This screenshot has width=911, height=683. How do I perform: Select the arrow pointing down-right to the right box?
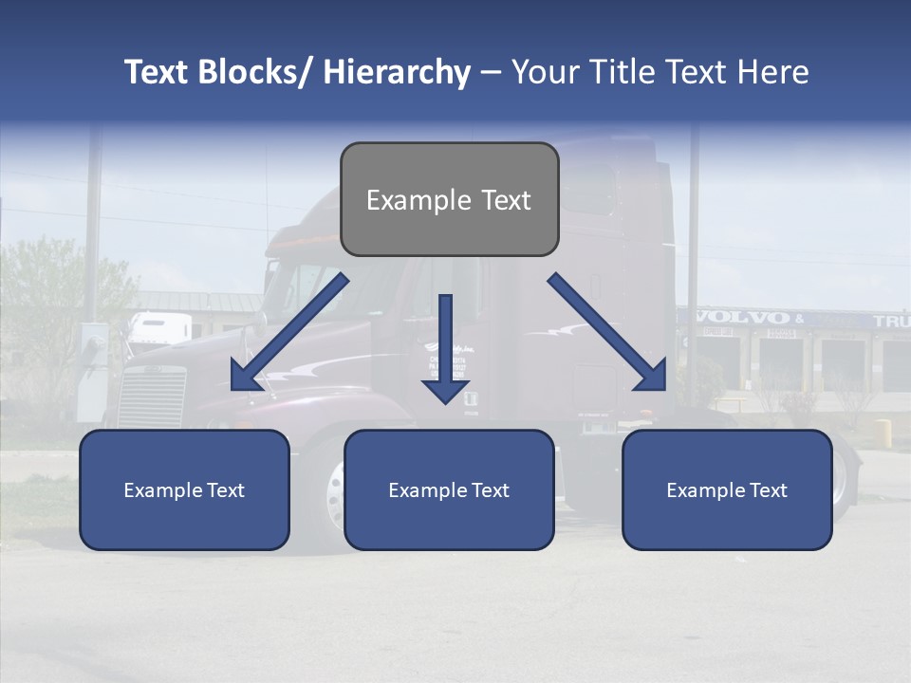pyautogui.click(x=607, y=332)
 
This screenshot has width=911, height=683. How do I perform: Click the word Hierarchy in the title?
pyautogui.click(x=397, y=72)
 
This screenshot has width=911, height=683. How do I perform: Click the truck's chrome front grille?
pyautogui.click(x=151, y=397)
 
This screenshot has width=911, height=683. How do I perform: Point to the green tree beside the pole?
pyautogui.click(x=43, y=304)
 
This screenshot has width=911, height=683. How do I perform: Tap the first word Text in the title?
pyautogui.click(x=158, y=72)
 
